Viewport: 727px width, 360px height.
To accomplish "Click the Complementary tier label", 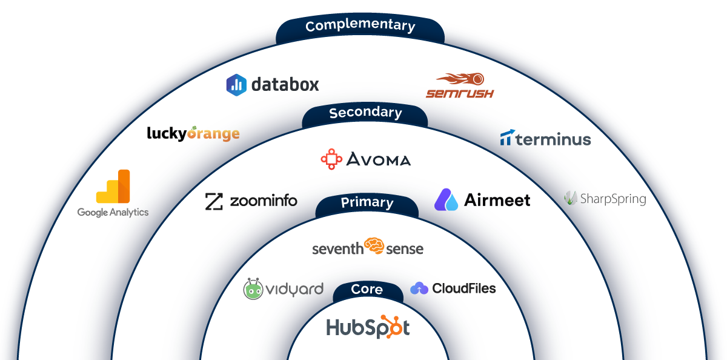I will click(x=360, y=27).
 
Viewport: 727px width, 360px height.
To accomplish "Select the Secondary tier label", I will click(x=365, y=113).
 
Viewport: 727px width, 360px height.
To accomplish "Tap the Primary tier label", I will click(x=367, y=203).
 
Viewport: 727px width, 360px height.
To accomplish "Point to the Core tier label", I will click(x=367, y=290).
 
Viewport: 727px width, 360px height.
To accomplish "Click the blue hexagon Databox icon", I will click(x=236, y=85).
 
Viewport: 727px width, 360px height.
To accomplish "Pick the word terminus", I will click(x=553, y=140).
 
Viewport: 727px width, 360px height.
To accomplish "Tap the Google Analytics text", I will click(x=113, y=213).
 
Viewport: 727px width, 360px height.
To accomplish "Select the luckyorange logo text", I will click(x=193, y=133).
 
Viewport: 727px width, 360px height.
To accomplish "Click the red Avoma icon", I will click(x=331, y=159).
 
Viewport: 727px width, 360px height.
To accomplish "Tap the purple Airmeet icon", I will click(x=446, y=200).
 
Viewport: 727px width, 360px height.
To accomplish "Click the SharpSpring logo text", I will click(x=612, y=199).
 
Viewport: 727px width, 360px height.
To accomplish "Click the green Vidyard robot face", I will click(x=254, y=289).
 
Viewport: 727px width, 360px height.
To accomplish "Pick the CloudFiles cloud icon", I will click(x=419, y=289).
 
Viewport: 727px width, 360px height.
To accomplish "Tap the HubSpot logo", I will click(x=368, y=327).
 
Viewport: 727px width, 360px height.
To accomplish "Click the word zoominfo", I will click(x=264, y=201).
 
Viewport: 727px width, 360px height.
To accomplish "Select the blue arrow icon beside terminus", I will click(x=506, y=138).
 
